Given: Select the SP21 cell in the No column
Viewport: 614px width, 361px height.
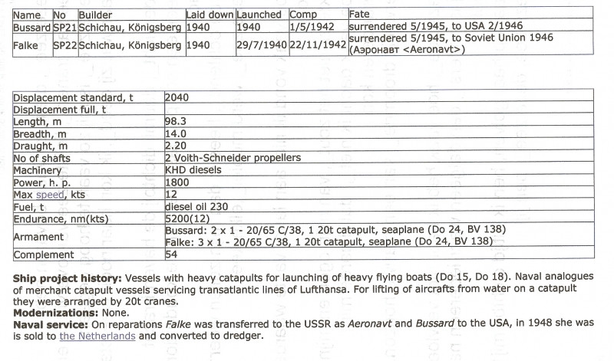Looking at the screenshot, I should tap(64, 26).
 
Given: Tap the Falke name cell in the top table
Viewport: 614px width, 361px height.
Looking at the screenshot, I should tap(26, 45).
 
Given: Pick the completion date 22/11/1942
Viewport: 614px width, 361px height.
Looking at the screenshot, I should tap(318, 45).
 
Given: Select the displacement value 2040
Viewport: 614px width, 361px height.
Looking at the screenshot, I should tap(177, 98).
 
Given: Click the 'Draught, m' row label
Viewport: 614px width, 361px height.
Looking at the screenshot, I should tap(41, 146).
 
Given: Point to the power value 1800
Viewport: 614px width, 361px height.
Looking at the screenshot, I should tap(177, 182).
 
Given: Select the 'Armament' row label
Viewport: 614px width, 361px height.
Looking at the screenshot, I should tap(39, 236).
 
